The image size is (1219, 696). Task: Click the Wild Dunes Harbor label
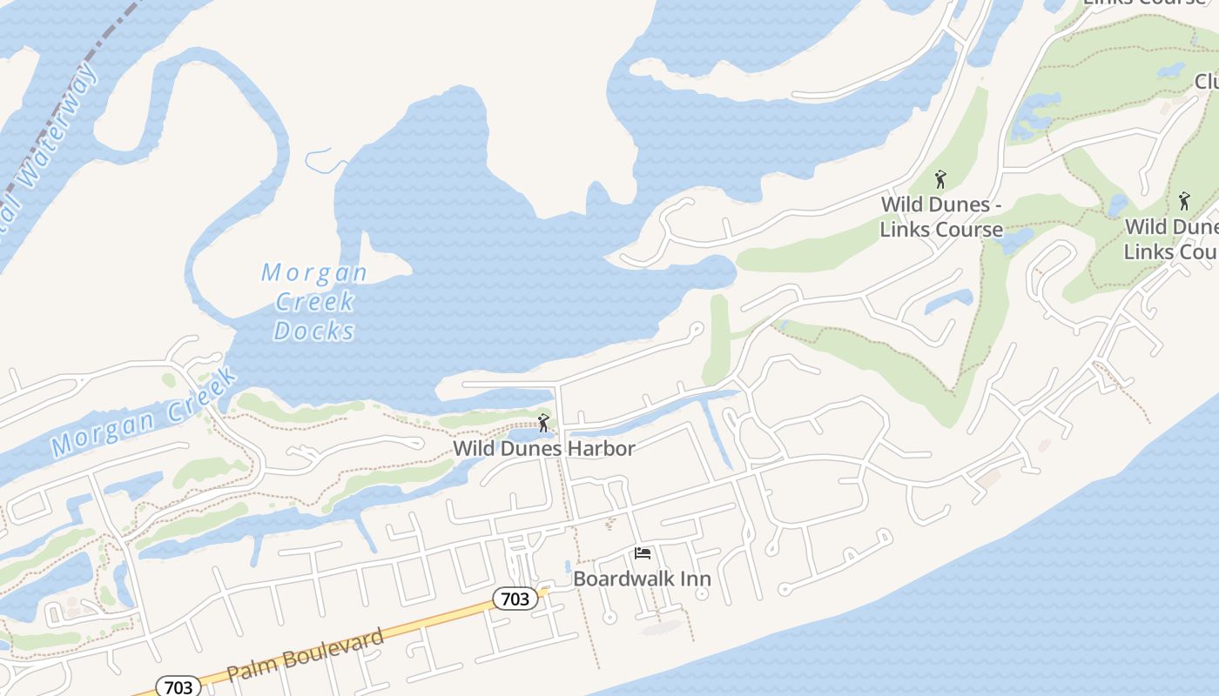tap(543, 449)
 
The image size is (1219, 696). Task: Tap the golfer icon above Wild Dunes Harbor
tap(544, 424)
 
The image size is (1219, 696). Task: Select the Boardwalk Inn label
tap(642, 579)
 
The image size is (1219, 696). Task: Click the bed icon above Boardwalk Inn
tap(643, 553)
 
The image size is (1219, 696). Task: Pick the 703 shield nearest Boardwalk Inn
tap(515, 599)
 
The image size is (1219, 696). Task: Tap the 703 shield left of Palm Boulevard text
tap(178, 686)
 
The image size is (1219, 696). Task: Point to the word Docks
tap(314, 331)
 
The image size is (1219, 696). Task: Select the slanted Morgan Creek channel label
tap(144, 413)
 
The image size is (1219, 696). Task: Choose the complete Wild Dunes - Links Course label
tap(940, 217)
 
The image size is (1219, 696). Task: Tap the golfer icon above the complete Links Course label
tap(940, 180)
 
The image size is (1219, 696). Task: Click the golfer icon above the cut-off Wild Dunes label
tap(1183, 202)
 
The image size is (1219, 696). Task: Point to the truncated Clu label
tap(1206, 81)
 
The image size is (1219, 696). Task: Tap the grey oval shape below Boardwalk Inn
tap(662, 626)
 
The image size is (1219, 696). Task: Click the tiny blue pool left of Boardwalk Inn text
tap(568, 565)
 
